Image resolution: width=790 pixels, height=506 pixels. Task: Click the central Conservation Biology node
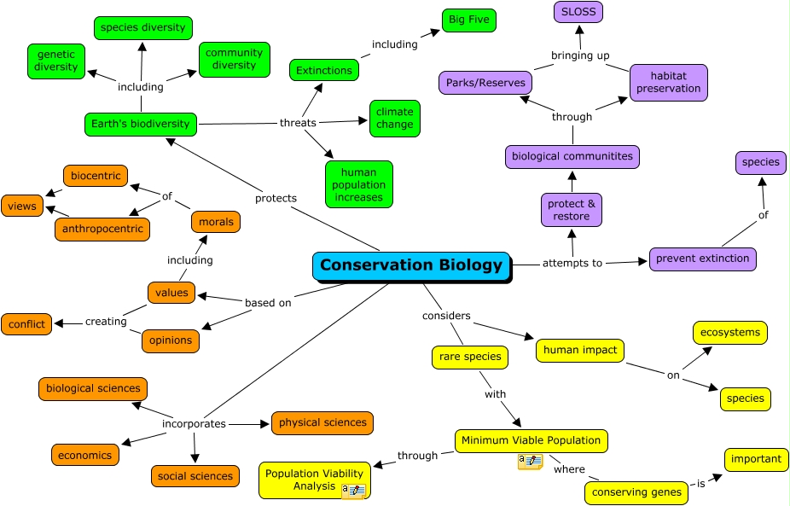(x=411, y=265)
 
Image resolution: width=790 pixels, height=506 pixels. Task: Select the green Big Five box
(x=468, y=20)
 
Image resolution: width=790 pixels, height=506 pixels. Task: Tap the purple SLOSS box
(x=578, y=12)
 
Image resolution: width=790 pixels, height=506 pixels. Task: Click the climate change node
(x=395, y=119)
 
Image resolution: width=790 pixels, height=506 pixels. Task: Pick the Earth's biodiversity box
(x=141, y=124)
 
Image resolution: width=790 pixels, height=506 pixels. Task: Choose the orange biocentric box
(x=96, y=176)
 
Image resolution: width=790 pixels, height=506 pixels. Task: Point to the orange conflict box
(x=26, y=323)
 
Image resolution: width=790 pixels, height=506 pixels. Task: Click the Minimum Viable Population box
(x=531, y=440)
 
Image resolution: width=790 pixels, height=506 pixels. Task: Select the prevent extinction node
(x=702, y=259)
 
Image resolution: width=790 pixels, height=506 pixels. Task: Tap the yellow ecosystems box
(x=729, y=333)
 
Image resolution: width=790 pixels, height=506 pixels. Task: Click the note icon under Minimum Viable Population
(x=530, y=462)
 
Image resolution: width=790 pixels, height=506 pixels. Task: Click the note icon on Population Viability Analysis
(x=353, y=491)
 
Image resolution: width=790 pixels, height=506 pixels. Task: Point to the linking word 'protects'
(x=276, y=198)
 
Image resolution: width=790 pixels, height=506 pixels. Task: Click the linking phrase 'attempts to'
(x=572, y=263)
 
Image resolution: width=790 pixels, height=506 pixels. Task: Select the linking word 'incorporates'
(x=194, y=423)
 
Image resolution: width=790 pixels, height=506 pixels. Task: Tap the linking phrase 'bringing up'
(x=580, y=55)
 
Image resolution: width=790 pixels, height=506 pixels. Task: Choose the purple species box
(x=760, y=162)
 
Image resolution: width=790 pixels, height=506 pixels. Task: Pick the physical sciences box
(x=322, y=422)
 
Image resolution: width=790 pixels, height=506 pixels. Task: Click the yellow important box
(x=756, y=459)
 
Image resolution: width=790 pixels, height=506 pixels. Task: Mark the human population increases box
(x=359, y=184)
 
